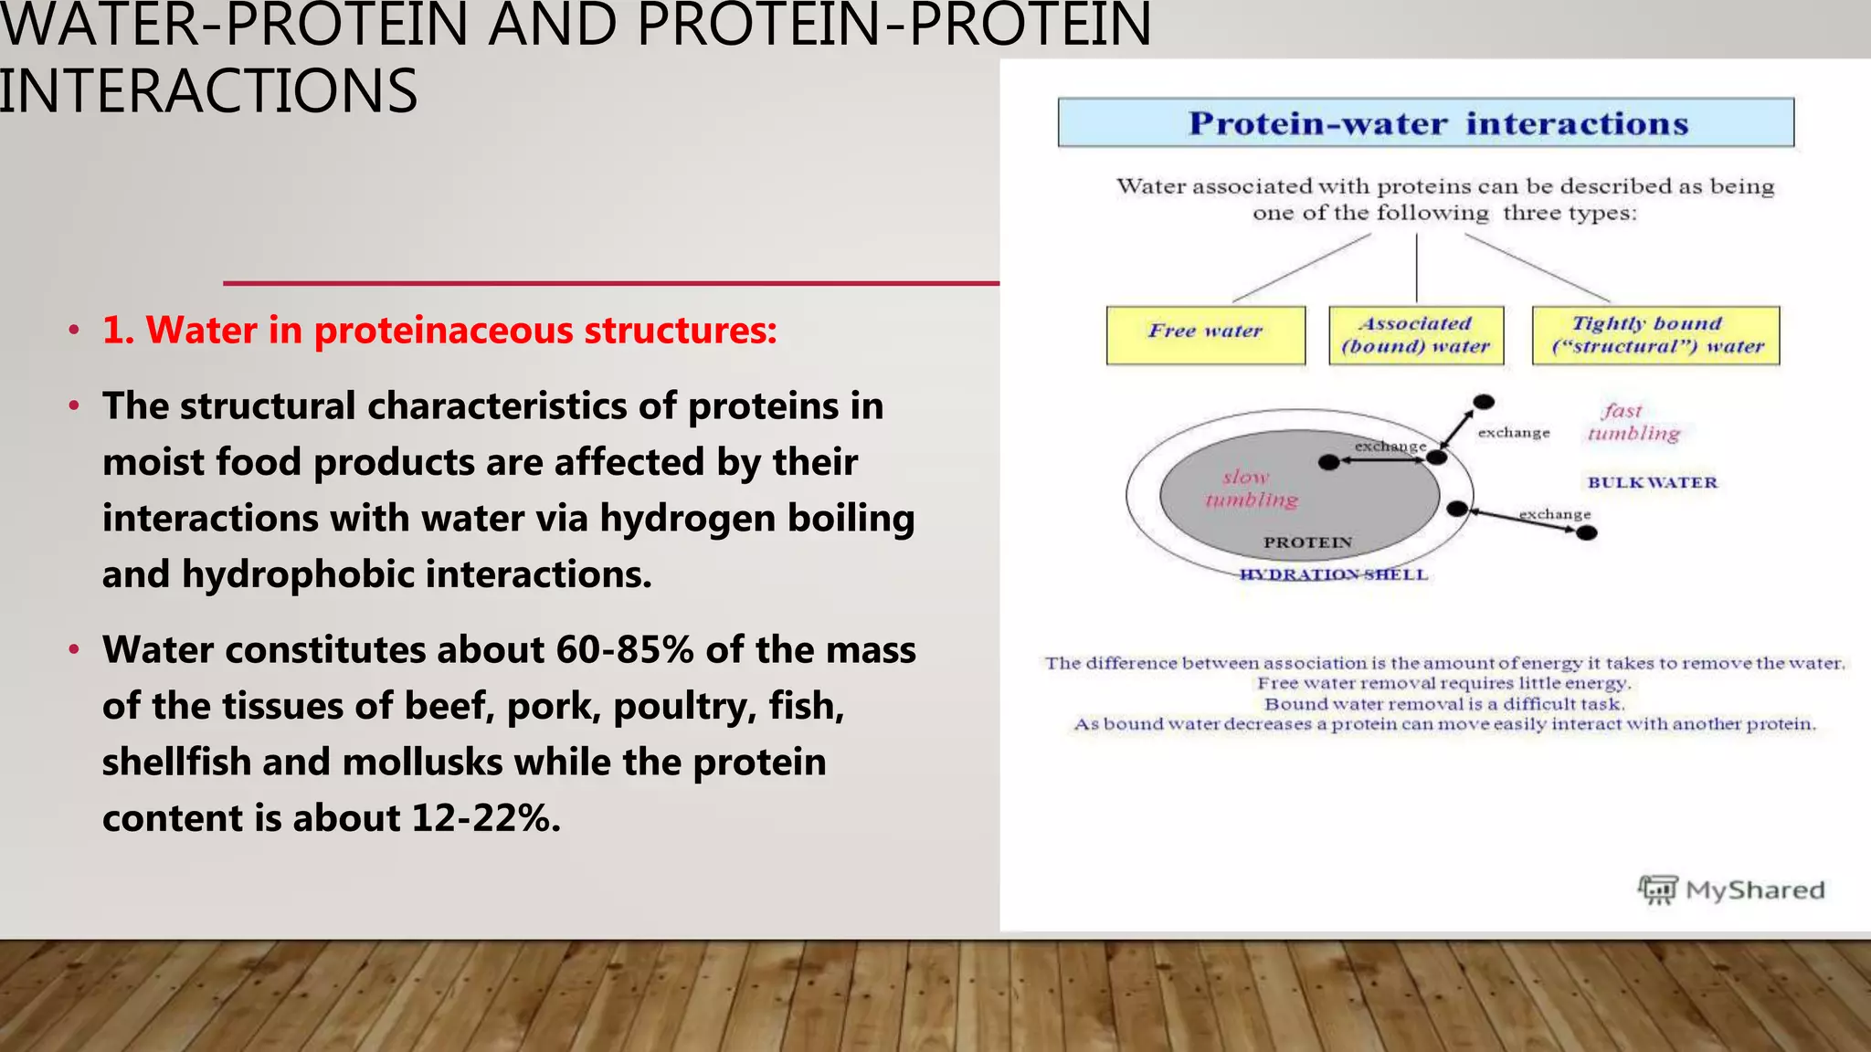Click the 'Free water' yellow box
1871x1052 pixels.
coord(1205,335)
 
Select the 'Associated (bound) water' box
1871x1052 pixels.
coord(1415,335)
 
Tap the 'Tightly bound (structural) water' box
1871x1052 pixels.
coord(1655,335)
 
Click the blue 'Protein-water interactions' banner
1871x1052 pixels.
coord(1425,123)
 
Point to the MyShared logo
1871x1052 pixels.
coord(1730,889)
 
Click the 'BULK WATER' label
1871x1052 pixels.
coord(1652,482)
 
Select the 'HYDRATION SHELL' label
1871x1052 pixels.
coord(1333,574)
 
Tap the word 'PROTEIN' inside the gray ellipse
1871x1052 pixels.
coord(1307,542)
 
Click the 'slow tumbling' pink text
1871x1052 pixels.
coord(1250,489)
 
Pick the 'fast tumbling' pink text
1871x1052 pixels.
coord(1633,423)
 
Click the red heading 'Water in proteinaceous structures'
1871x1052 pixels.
coord(439,331)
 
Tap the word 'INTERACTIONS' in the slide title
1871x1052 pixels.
coord(208,91)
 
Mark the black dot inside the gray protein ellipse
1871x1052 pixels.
coord(1329,462)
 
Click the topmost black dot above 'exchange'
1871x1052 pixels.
coord(1484,402)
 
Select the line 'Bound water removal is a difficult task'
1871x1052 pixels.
coord(1443,704)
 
